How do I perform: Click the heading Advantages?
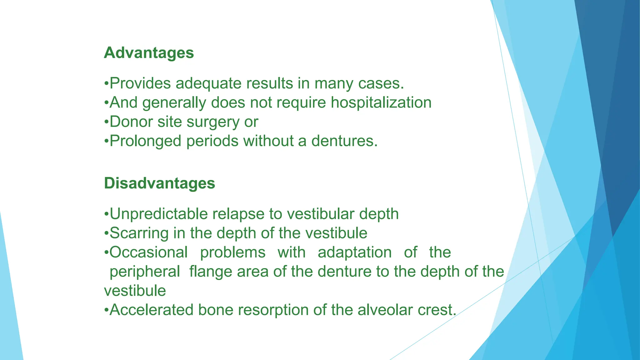pyautogui.click(x=149, y=53)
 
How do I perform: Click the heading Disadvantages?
pyautogui.click(x=159, y=183)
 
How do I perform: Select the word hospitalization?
pyautogui.click(x=381, y=103)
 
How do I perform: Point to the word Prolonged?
pyautogui.click(x=145, y=141)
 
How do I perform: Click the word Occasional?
pyautogui.click(x=148, y=252)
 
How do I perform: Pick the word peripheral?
pyautogui.click(x=145, y=272)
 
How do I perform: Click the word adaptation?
pyautogui.click(x=354, y=252)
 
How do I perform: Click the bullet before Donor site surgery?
pyautogui.click(x=106, y=122)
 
